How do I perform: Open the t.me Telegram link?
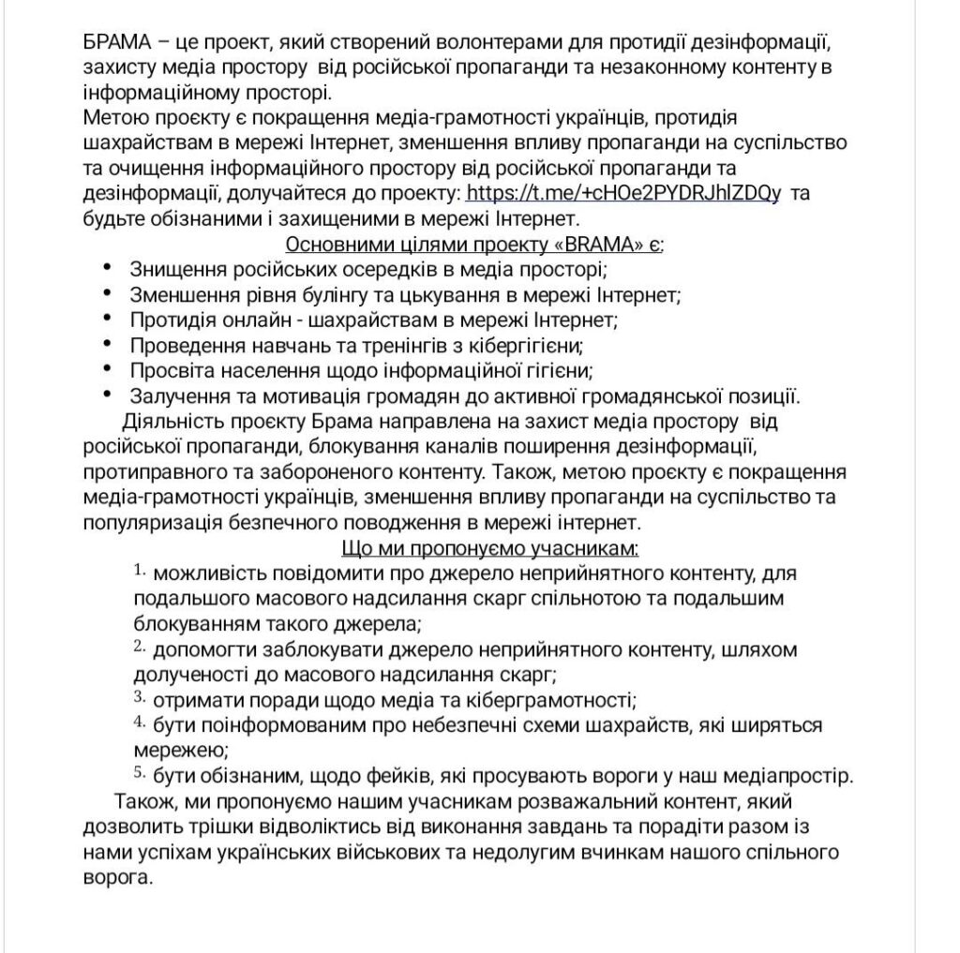tap(622, 194)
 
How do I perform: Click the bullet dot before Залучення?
tap(109, 394)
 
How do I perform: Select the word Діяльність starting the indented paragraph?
tap(172, 419)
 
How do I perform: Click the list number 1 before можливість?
tap(139, 570)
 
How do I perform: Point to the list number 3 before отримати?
tap(139, 696)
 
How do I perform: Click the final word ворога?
tap(117, 879)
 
